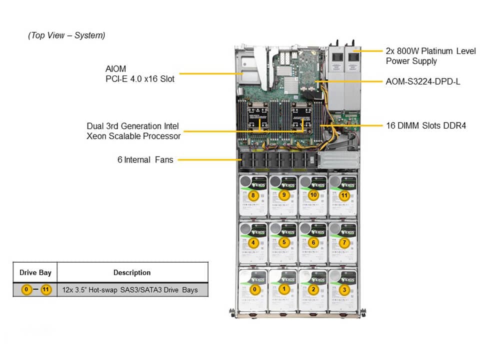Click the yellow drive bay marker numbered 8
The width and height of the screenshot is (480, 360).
(x=253, y=195)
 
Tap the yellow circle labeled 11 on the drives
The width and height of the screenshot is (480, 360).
(x=344, y=195)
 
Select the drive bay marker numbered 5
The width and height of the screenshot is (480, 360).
(x=284, y=242)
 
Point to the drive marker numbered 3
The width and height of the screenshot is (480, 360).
(x=344, y=289)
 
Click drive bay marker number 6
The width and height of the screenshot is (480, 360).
(x=314, y=242)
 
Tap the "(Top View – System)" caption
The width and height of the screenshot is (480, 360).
(x=66, y=35)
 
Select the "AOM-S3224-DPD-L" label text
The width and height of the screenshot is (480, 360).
(x=423, y=81)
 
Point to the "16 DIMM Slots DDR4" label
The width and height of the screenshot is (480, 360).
(x=426, y=126)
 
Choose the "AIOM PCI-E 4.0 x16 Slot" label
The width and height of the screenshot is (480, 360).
(x=140, y=73)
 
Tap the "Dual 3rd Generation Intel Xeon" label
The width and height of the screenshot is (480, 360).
(x=133, y=131)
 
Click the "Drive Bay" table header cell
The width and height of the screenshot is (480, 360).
(x=35, y=272)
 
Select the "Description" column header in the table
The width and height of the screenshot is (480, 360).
(x=132, y=272)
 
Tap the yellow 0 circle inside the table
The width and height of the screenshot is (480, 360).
(x=26, y=290)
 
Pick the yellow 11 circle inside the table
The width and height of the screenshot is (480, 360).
(x=46, y=290)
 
